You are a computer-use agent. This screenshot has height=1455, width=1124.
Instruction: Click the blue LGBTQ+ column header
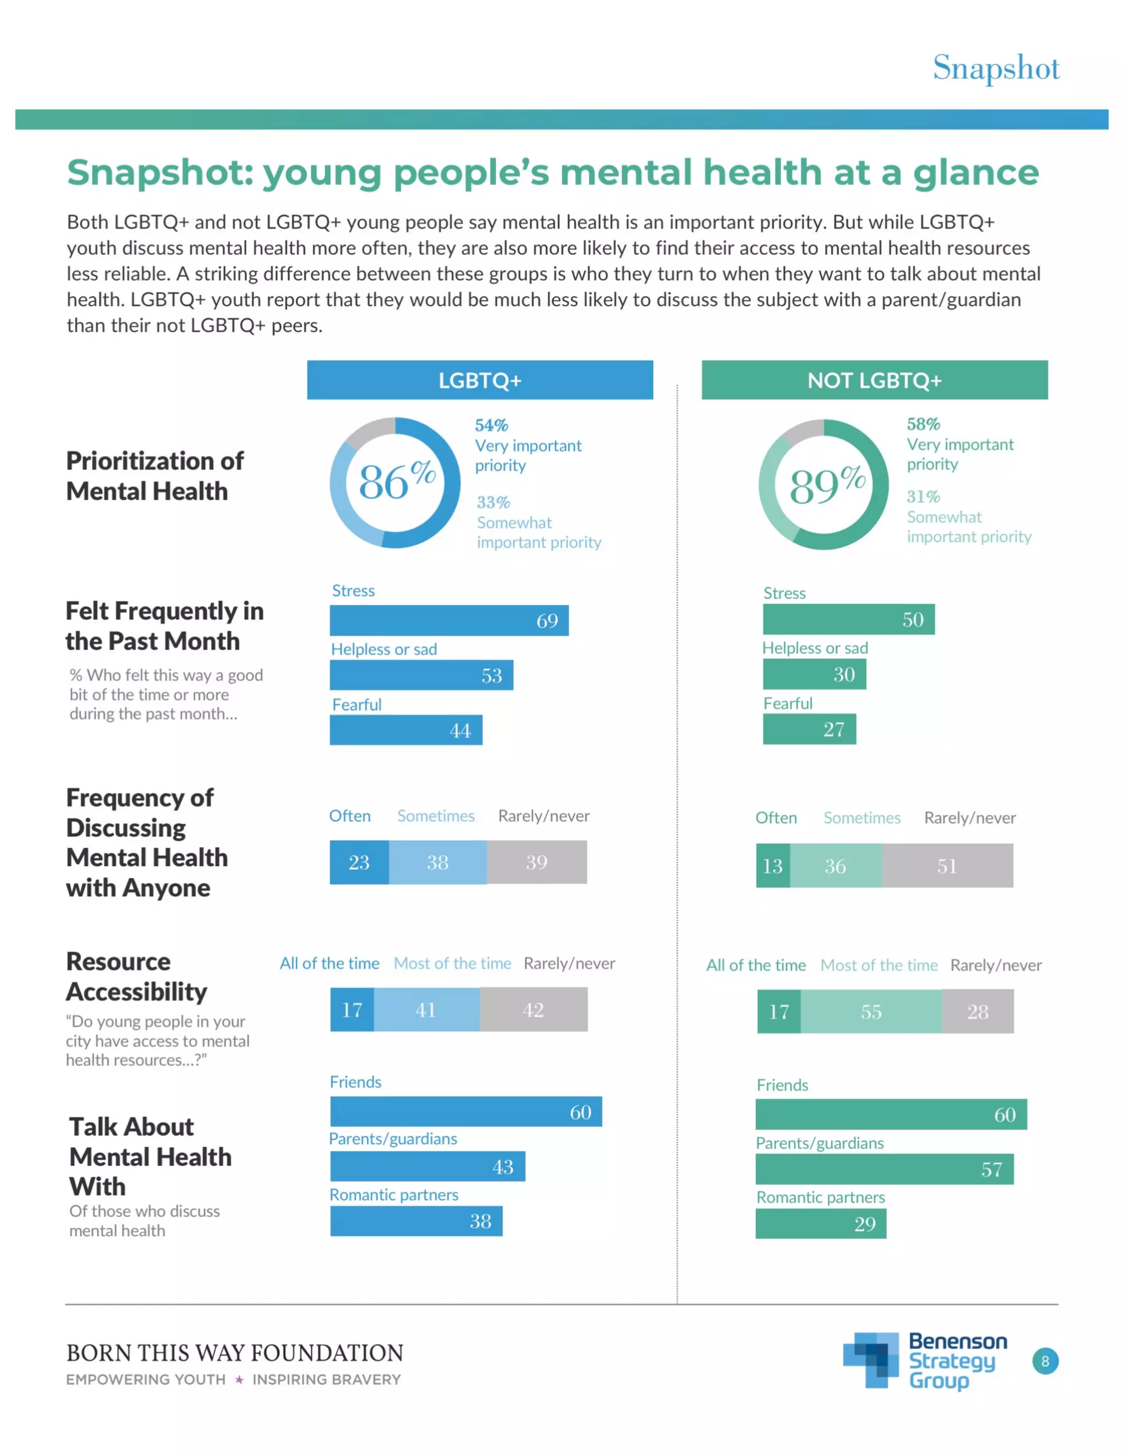480,380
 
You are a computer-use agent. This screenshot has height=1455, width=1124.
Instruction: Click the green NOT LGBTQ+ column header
874,380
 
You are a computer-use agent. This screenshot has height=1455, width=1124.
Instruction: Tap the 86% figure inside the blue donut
396,481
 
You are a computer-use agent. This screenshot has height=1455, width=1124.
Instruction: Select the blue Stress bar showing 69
448,620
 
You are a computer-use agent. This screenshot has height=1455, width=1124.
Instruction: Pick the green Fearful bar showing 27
808,729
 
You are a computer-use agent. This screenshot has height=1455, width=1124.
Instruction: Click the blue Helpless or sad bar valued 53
421,675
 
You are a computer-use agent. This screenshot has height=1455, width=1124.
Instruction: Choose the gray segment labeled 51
947,865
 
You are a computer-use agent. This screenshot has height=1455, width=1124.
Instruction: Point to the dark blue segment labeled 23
359,862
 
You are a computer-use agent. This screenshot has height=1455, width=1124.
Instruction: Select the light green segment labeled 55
871,1011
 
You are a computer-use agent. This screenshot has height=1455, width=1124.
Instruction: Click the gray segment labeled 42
533,1009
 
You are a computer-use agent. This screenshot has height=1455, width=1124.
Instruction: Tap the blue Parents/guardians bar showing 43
427,1166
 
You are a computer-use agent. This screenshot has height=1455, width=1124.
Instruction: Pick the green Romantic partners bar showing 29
820,1223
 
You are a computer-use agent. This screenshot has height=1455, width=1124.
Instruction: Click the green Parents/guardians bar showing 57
884,1168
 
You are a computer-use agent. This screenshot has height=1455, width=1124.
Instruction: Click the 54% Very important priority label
527,444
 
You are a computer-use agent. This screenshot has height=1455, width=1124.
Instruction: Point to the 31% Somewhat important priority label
968,516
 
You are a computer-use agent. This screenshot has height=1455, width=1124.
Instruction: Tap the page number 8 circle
1045,1361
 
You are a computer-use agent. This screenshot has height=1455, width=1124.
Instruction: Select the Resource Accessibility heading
136,976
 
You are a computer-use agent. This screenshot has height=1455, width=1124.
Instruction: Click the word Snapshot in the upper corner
996,68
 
